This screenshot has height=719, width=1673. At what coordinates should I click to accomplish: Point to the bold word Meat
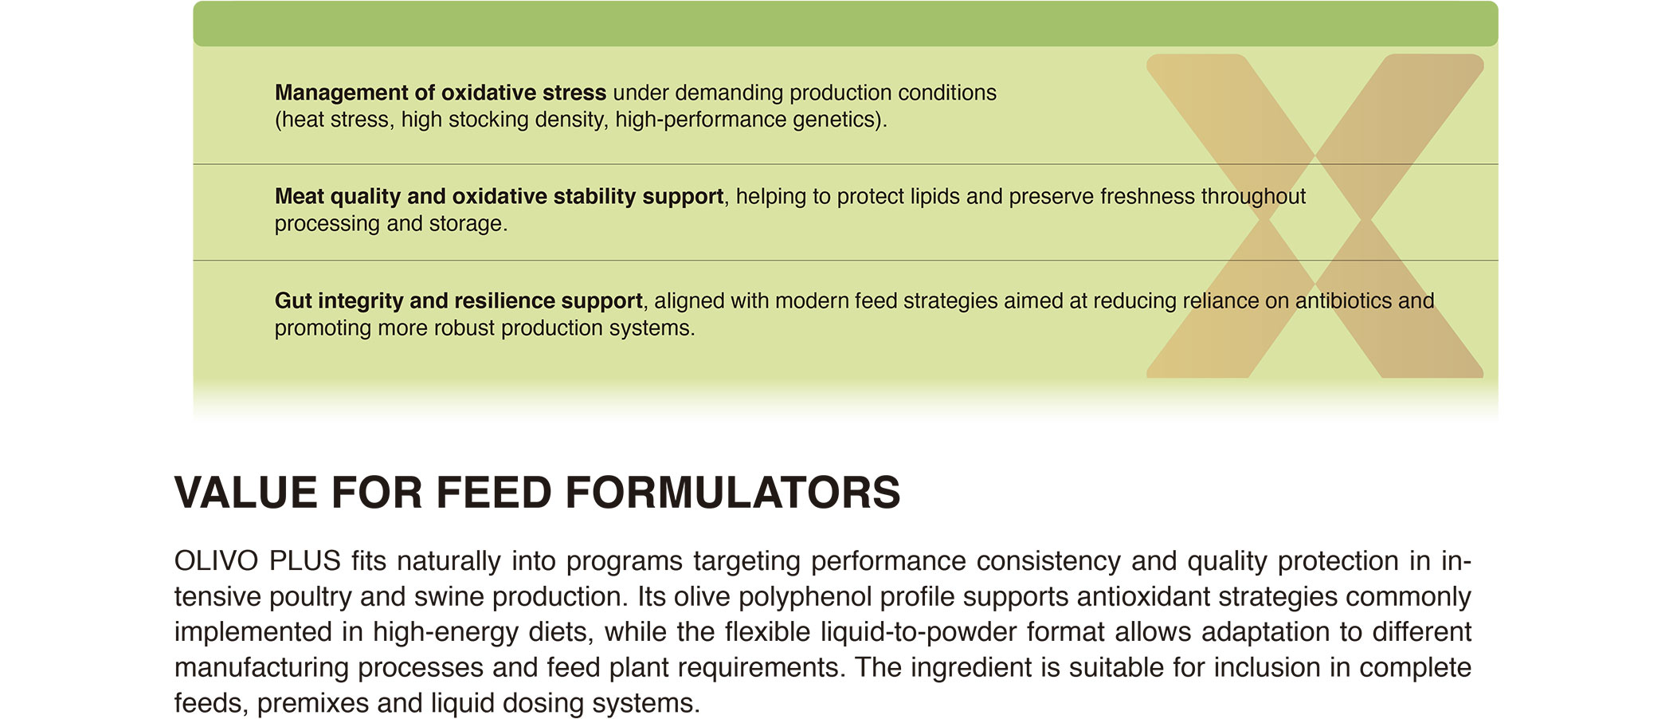[x=299, y=196]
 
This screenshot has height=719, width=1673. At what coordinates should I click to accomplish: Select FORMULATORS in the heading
[x=733, y=492]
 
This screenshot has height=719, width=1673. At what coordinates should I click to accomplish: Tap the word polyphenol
[x=805, y=597]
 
